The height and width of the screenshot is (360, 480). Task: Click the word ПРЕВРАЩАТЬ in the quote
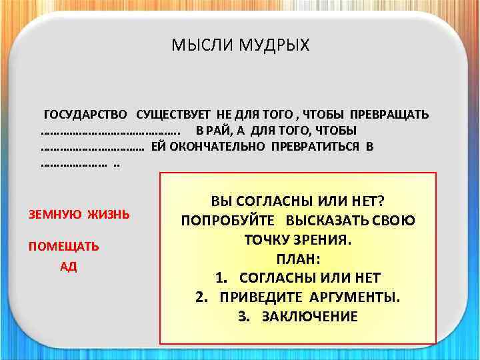pos(389,114)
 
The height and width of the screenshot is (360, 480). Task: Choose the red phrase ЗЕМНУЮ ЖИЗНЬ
pos(79,215)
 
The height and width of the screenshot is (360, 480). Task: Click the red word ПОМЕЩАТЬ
pos(63,247)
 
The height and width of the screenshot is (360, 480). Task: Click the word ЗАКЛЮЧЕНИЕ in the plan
pos(310,316)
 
